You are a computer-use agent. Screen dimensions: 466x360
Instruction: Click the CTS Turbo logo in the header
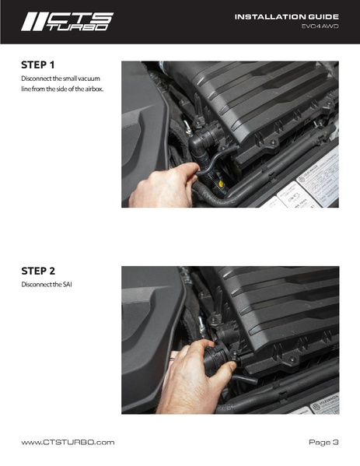click(67, 21)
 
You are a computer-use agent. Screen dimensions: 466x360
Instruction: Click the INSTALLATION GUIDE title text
click(286, 16)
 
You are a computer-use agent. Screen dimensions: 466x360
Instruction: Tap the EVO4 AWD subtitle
click(320, 26)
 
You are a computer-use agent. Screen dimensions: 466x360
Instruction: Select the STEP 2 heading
click(39, 272)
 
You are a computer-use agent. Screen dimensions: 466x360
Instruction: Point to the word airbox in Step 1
click(91, 89)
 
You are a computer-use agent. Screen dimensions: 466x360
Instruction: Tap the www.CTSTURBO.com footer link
click(68, 442)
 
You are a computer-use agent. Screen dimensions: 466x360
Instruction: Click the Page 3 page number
click(323, 442)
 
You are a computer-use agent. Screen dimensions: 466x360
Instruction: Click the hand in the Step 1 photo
click(159, 187)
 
